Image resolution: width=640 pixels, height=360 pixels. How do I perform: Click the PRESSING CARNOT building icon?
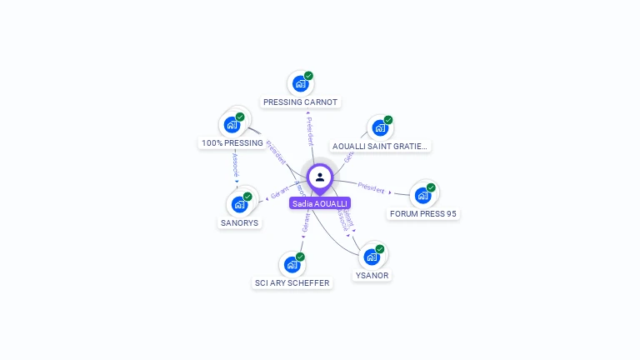(x=300, y=84)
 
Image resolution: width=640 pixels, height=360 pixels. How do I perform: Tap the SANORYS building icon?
(x=239, y=204)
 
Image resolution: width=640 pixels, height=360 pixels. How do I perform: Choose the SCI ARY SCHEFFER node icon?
(x=292, y=264)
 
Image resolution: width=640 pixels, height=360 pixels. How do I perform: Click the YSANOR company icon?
(x=371, y=257)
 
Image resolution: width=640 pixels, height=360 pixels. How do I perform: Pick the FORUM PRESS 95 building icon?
(x=422, y=196)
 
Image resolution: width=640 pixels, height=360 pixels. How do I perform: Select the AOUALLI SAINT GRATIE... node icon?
(x=380, y=127)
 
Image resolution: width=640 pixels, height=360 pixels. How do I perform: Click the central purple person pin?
(x=320, y=177)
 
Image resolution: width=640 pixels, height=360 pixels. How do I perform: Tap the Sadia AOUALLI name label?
(x=320, y=203)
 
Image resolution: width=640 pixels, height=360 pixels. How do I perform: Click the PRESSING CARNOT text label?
(x=300, y=102)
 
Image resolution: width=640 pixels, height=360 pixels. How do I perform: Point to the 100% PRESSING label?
(x=232, y=143)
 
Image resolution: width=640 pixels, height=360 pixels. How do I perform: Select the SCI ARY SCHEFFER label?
(x=292, y=282)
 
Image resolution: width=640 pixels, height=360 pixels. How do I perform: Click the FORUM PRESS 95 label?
(x=423, y=214)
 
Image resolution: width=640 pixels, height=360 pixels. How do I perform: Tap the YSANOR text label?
(x=371, y=275)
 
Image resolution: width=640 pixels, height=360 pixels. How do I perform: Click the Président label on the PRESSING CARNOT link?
(x=310, y=131)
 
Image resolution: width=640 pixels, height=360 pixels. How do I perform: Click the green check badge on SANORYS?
(x=247, y=197)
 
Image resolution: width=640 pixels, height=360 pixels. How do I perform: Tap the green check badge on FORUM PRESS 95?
(x=431, y=187)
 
